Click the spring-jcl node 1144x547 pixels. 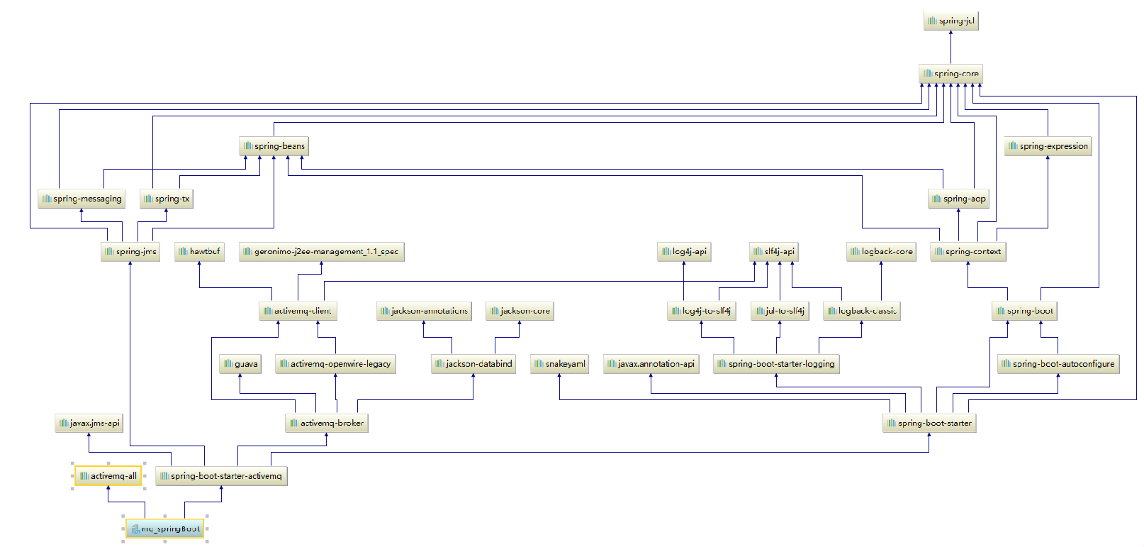(x=950, y=21)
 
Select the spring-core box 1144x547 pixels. (x=950, y=73)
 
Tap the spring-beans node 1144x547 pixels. (x=274, y=146)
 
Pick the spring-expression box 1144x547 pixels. (x=1048, y=146)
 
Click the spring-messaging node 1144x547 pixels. (x=82, y=199)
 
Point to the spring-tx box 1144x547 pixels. (x=166, y=199)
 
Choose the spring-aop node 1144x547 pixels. (x=958, y=199)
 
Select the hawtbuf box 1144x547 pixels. (x=199, y=251)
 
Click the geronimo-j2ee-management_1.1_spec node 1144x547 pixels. (x=321, y=251)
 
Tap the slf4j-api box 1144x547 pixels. (x=773, y=251)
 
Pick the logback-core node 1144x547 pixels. (x=881, y=251)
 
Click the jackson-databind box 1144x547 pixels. (x=473, y=363)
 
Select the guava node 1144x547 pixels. (x=240, y=363)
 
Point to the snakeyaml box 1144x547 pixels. (x=559, y=363)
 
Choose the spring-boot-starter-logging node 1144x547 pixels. (x=776, y=363)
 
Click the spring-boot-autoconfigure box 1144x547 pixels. (x=1058, y=363)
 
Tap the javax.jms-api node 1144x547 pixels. (x=89, y=423)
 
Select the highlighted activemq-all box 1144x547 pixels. (x=108, y=475)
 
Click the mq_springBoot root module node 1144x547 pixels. (x=165, y=529)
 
